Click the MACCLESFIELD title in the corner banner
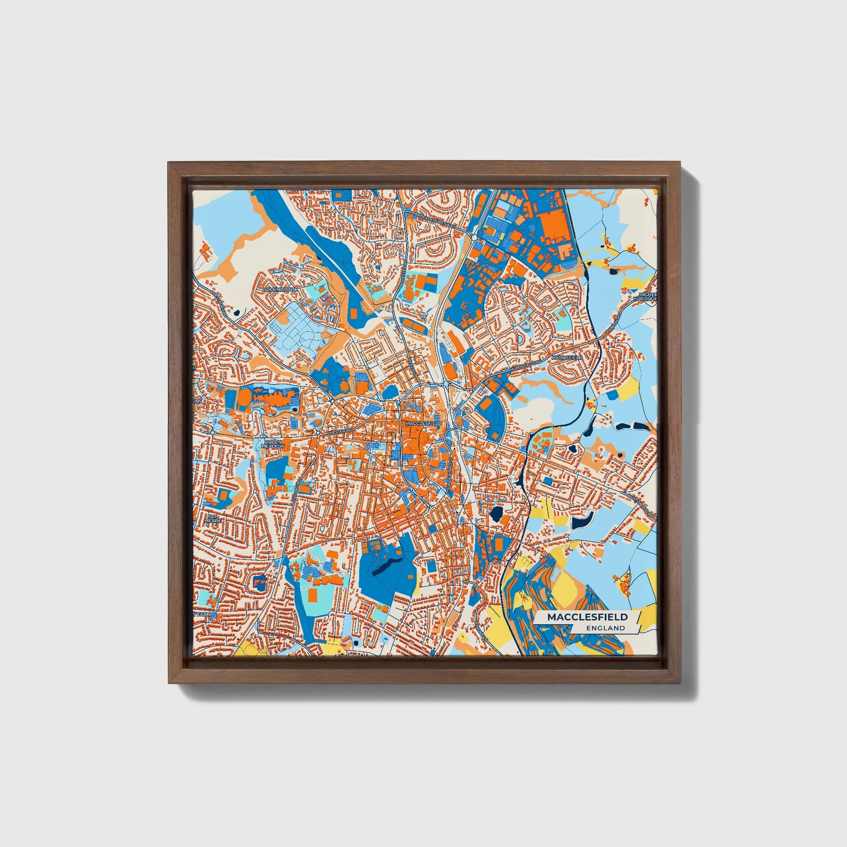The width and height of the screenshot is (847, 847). click(x=587, y=617)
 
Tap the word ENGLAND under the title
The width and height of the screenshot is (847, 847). click(x=606, y=628)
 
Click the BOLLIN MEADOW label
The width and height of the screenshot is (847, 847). click(x=273, y=444)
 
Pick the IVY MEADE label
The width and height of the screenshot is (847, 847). click(x=215, y=518)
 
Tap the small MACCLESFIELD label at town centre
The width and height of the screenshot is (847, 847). click(x=423, y=423)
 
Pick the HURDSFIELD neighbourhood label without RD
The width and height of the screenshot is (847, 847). click(x=566, y=357)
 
